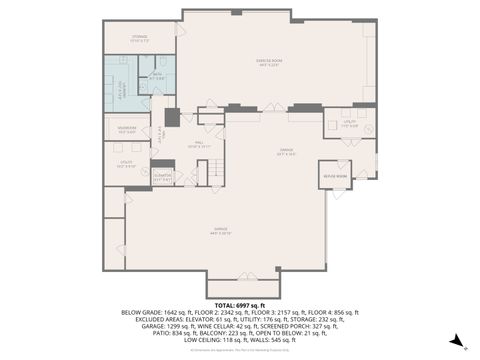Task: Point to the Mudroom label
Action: (x=127, y=129)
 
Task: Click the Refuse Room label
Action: (x=334, y=176)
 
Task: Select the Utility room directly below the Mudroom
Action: (x=124, y=164)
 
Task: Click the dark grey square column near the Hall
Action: (x=172, y=118)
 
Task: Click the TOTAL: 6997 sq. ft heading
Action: (x=239, y=305)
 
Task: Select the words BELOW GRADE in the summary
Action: (x=141, y=312)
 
